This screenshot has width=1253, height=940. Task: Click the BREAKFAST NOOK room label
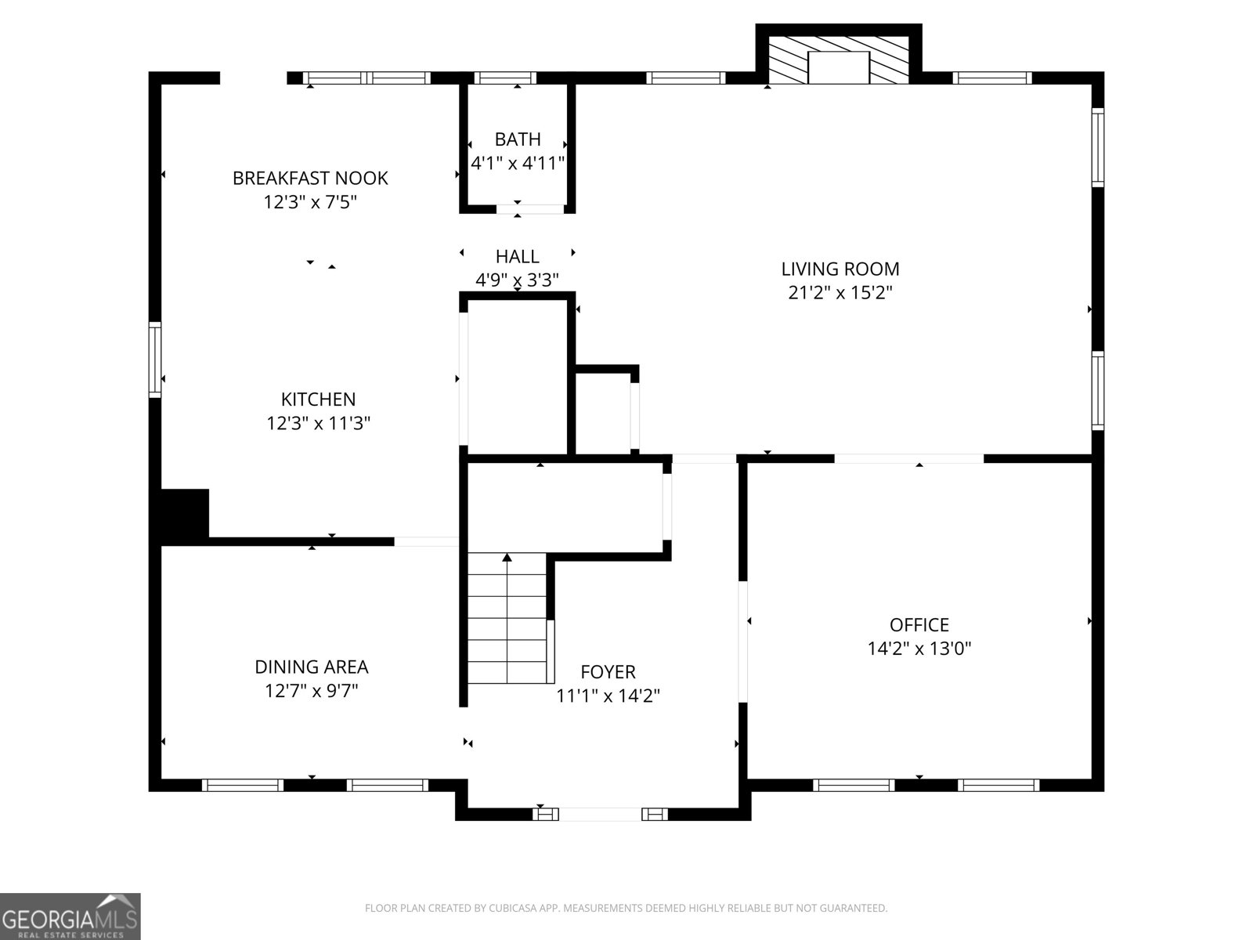pyautogui.click(x=310, y=178)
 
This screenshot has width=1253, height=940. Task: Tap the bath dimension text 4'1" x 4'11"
pyautogui.click(x=518, y=163)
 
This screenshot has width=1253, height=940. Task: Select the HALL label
pyautogui.click(x=517, y=256)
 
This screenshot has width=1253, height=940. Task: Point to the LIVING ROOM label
pyautogui.click(x=840, y=269)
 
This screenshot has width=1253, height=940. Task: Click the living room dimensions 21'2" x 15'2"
pyautogui.click(x=840, y=293)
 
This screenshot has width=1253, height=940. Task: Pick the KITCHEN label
pyautogui.click(x=318, y=399)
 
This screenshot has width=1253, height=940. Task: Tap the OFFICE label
pyautogui.click(x=919, y=624)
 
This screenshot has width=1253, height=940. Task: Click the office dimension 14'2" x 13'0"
pyautogui.click(x=919, y=649)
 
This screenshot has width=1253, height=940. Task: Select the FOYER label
pyautogui.click(x=608, y=671)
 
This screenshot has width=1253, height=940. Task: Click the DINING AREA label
pyautogui.click(x=311, y=667)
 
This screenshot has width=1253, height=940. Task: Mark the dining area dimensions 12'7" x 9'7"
pyautogui.click(x=311, y=691)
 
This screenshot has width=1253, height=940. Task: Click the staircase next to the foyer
pyautogui.click(x=507, y=619)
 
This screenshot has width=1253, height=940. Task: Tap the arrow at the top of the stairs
pyautogui.click(x=507, y=558)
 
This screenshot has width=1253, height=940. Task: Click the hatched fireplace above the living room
pyautogui.click(x=838, y=59)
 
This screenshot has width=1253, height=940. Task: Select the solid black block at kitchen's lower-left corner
pyautogui.click(x=185, y=514)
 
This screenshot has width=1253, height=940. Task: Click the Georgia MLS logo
pyautogui.click(x=70, y=916)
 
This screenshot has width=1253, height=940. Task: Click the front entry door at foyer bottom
pyautogui.click(x=600, y=815)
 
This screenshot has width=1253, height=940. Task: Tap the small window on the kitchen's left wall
pyautogui.click(x=155, y=360)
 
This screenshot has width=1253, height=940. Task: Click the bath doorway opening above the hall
pyautogui.click(x=530, y=209)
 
